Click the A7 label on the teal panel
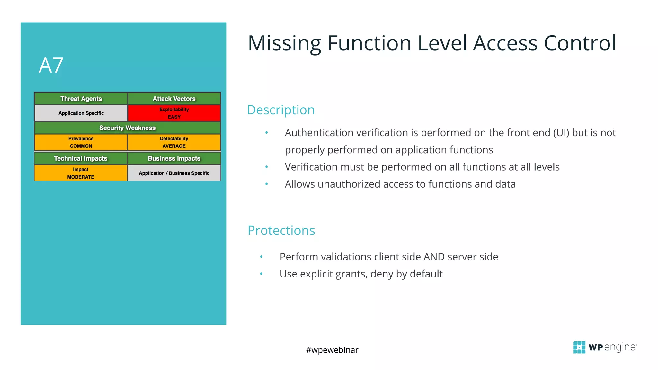51,66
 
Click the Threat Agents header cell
81,99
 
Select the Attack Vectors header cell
174,99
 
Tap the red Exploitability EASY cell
174,113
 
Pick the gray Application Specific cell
81,113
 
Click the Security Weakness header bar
127,128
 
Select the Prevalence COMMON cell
81,142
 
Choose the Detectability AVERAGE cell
174,142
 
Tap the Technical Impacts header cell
81,158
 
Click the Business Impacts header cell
174,158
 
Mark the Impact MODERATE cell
81,173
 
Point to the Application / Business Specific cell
174,173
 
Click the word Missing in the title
284,43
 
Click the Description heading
281,110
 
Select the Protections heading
281,230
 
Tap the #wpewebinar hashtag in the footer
332,350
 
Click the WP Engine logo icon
579,347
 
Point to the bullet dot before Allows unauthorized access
266,184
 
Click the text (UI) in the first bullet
561,133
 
